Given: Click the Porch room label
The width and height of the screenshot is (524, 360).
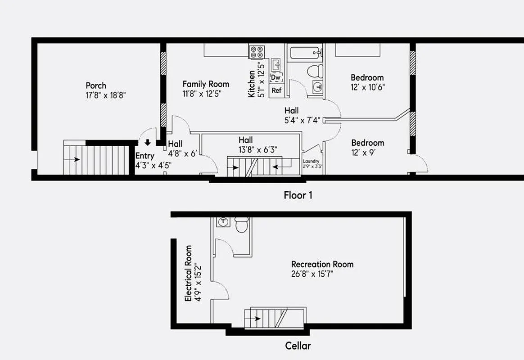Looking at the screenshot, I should click(96, 85).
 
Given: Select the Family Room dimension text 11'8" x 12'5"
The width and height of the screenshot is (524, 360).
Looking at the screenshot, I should click(202, 94).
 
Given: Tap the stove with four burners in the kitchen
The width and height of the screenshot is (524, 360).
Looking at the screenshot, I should click(257, 52).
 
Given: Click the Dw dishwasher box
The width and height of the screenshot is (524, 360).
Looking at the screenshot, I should click(276, 78).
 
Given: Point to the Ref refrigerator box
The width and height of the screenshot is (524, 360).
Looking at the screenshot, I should click(276, 90).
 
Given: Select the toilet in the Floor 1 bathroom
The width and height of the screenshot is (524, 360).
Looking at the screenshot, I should click(315, 71).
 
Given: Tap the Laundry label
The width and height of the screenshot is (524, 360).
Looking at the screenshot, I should click(311, 162).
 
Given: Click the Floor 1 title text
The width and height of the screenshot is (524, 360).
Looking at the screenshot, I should click(298, 195).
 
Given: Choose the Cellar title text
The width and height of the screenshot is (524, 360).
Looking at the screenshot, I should click(298, 346).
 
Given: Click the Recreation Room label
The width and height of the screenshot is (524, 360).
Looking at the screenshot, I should click(322, 264).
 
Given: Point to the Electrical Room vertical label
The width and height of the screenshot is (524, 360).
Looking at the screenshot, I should click(189, 273).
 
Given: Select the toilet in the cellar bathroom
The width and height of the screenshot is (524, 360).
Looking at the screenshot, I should click(242, 224).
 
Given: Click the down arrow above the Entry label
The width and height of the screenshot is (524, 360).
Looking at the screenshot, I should click(147, 144).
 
